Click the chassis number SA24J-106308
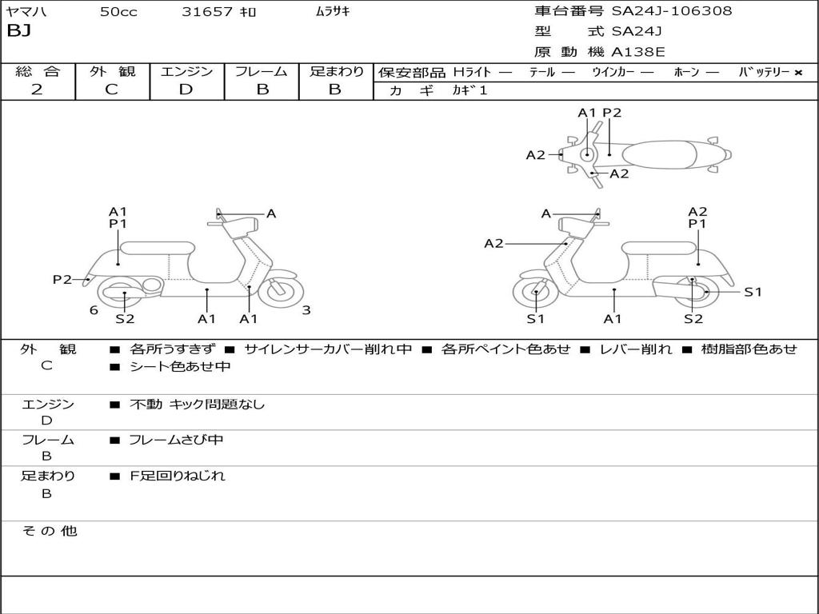coord(672,10)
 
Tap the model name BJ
coord(19,31)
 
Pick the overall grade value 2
coord(37,90)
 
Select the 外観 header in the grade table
coord(112,71)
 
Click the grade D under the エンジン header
coord(186,90)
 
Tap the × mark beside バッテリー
coord(798,73)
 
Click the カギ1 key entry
coord(469,90)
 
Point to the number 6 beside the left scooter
coord(94,310)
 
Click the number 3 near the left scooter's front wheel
coord(306,310)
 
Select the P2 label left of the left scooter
coord(62,279)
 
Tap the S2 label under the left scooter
coord(125,318)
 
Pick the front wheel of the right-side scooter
coord(537,293)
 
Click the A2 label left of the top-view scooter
coord(535,155)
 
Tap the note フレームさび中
coord(176,441)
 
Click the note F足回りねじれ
coord(177,476)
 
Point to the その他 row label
coord(50,531)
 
